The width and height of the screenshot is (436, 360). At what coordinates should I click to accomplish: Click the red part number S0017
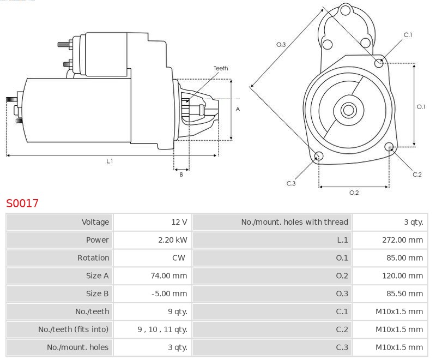click(x=22, y=203)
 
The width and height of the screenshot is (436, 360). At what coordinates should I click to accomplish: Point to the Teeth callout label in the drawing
click(x=221, y=68)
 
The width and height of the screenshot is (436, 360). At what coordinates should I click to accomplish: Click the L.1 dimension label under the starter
click(x=110, y=161)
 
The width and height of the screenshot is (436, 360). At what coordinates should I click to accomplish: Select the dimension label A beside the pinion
click(x=238, y=109)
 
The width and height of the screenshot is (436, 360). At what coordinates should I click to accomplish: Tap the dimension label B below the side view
click(x=181, y=175)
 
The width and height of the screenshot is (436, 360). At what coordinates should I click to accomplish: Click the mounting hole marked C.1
click(x=379, y=63)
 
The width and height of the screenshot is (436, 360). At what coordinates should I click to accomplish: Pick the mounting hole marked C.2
click(x=390, y=147)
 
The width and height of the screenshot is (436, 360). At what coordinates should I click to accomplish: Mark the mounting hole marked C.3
click(x=319, y=157)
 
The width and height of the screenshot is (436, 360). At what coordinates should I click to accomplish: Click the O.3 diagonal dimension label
click(x=281, y=44)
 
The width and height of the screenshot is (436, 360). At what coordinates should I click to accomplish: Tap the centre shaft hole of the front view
click(x=348, y=110)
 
